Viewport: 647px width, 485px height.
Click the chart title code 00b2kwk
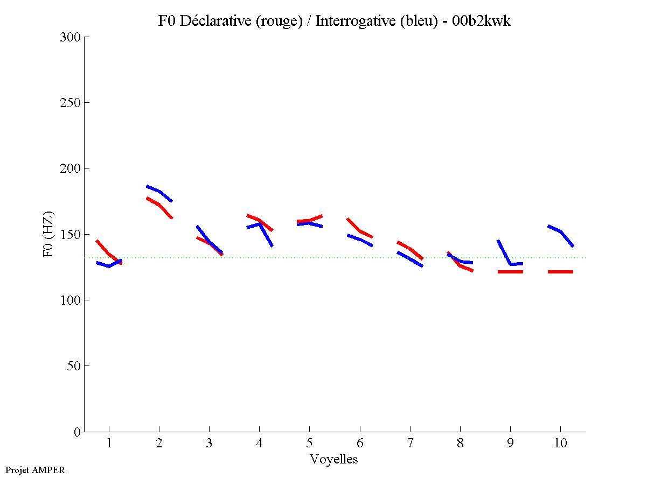coord(481,21)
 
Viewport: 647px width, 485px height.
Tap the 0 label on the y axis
coord(79,432)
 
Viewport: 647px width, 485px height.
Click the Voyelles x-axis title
coord(334,459)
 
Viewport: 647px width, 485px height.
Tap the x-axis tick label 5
coord(309,444)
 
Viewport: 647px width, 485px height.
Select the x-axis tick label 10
coord(560,444)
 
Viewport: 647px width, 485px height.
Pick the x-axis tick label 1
coord(109,444)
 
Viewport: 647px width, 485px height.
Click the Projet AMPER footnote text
coord(35,470)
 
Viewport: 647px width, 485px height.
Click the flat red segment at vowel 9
coord(510,272)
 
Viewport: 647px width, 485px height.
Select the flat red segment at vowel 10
coord(560,272)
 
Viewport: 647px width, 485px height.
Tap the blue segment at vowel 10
coord(561,232)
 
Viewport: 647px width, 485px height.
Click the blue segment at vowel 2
coord(159,192)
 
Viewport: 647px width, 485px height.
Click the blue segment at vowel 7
coord(409,258)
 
